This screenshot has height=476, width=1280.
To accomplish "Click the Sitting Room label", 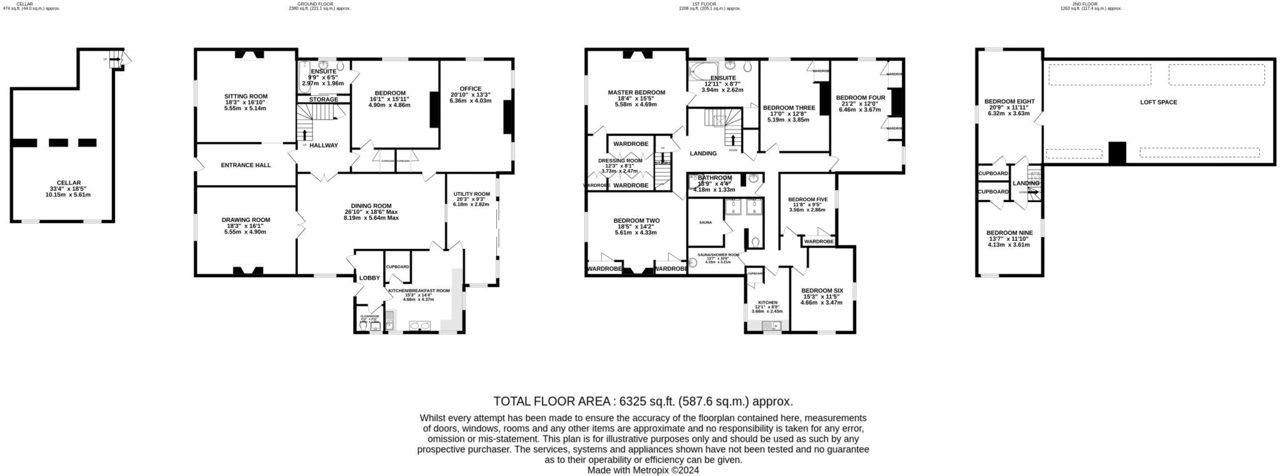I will (246, 96).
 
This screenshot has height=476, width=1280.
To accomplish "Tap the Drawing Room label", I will (246, 220).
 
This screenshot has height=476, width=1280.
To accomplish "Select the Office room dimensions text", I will (470, 98).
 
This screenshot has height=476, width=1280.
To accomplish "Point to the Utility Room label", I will (471, 194).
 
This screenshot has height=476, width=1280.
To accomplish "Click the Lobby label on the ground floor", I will (369, 278).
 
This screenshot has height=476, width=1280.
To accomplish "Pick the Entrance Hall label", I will (246, 165).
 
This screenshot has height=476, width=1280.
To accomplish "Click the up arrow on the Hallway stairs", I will (305, 134).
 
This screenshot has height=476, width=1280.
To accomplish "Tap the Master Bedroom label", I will (636, 93).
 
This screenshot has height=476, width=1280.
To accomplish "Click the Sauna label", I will (705, 222).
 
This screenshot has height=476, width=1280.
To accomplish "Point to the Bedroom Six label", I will (822, 291).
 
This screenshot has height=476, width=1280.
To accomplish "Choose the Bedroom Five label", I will (807, 200).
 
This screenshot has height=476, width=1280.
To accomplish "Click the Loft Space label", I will (1158, 102).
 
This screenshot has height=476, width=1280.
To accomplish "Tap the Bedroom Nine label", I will (1009, 233).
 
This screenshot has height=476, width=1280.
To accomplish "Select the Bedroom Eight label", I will (1009, 101).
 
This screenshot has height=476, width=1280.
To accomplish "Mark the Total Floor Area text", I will (642, 402).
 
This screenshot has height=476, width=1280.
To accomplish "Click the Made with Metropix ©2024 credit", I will (642, 470).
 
